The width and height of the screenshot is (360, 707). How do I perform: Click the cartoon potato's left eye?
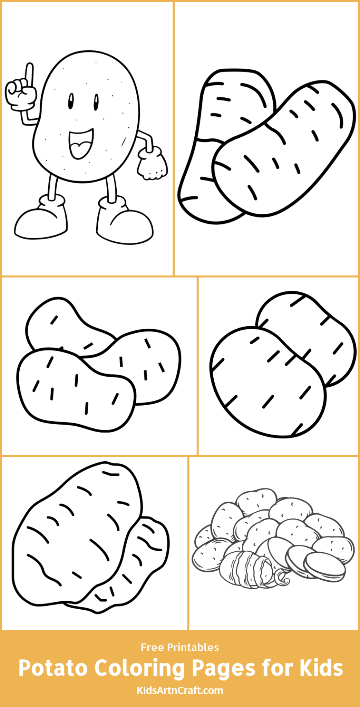(x=71, y=101)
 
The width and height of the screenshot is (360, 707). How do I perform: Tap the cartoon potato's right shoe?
(x=124, y=224)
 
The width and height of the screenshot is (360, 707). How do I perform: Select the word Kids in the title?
(x=321, y=668)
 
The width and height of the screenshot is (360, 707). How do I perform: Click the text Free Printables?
(x=180, y=647)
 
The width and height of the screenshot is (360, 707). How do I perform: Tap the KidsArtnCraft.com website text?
(x=180, y=690)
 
